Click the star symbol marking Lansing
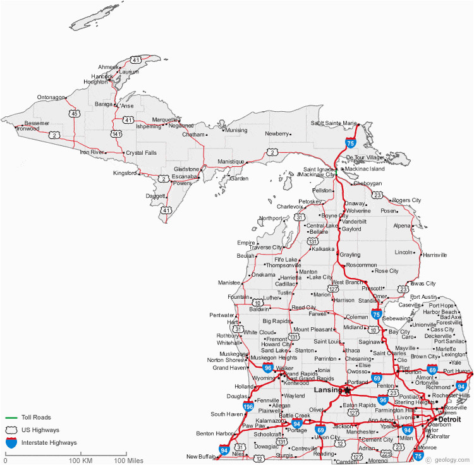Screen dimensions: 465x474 coord(347,389)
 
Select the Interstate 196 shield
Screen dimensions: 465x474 coord(248,406)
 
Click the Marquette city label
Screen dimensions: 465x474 coord(165,119)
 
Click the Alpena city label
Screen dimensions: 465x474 coord(402,226)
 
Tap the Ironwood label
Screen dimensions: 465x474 coord(28,129)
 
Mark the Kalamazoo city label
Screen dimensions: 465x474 coord(270,420)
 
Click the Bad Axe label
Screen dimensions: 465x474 coord(451,317)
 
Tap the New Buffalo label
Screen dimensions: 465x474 coord(201,456)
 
